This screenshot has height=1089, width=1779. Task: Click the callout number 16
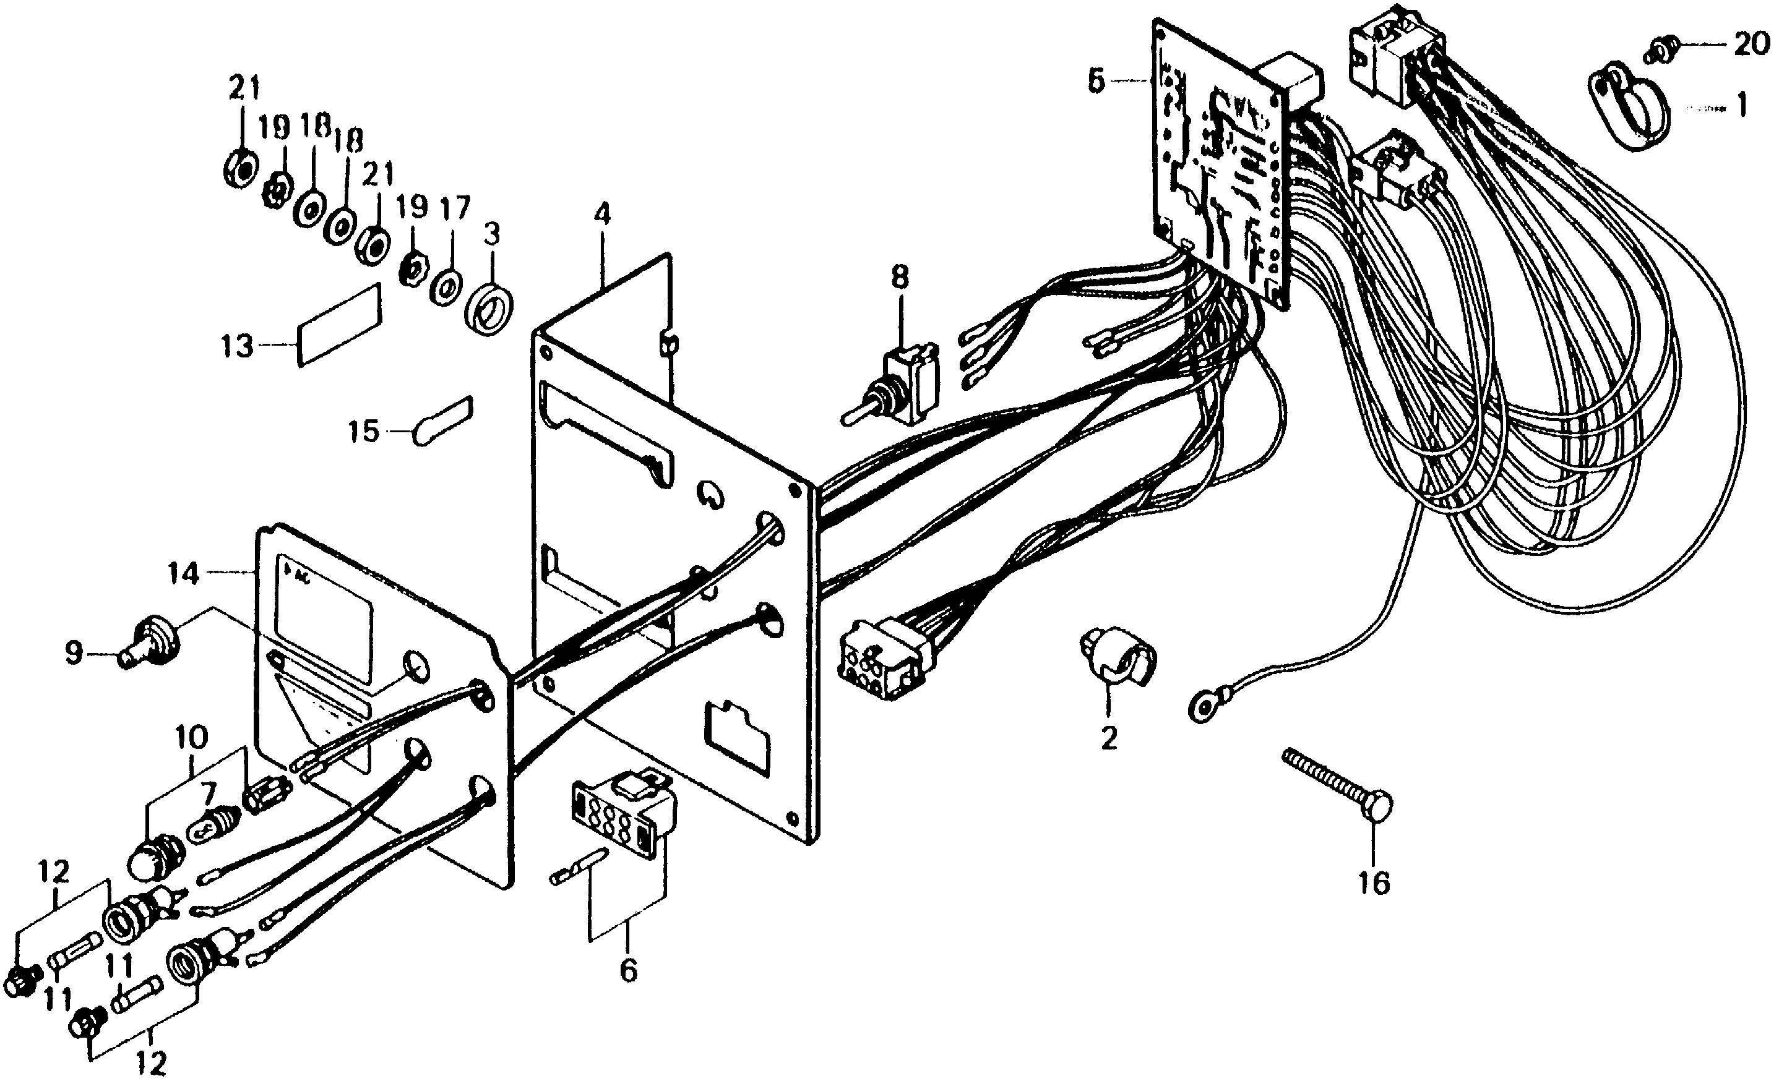pos(1373,882)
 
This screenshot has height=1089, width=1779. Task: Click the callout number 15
pos(364,432)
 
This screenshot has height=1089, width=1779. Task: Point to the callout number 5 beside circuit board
pos(1096,82)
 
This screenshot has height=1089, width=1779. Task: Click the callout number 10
pos(191,737)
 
